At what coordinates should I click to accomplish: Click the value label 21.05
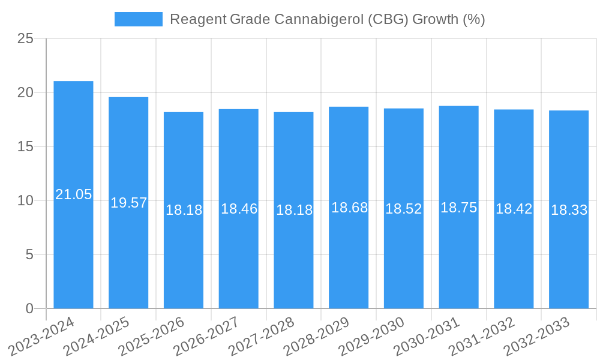click(x=73, y=194)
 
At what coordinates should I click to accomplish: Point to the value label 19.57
click(x=128, y=203)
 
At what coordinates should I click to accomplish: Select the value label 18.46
click(x=239, y=209)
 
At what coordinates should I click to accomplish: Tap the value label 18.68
click(x=349, y=208)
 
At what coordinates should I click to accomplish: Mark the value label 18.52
click(x=404, y=209)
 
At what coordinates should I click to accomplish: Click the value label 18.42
click(x=514, y=209)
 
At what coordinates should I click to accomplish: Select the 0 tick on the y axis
click(x=29, y=308)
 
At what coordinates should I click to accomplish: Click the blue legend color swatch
click(x=139, y=19)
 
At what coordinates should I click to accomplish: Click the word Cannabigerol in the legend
click(x=313, y=19)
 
